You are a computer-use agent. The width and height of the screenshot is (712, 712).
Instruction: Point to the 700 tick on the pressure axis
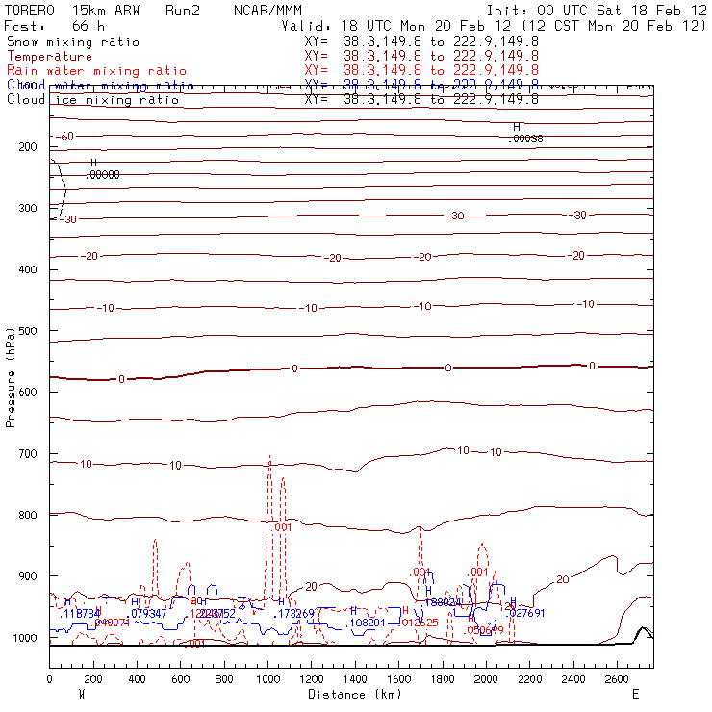pos(28,453)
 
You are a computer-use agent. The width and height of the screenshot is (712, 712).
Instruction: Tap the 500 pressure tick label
pos(28,331)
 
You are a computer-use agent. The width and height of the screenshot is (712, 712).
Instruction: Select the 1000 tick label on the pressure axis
pos(24,638)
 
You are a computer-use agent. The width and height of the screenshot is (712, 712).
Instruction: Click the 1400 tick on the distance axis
pos(356,679)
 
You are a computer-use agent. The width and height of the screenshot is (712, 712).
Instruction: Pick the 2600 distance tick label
pos(619,679)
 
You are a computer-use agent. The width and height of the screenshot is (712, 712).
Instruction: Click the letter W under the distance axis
pos(81,694)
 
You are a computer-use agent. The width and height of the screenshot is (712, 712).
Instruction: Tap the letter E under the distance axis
pos(635,694)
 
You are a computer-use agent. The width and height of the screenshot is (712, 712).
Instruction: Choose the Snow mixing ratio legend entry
pos(72,42)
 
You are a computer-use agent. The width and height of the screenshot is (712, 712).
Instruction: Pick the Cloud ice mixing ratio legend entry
pos(92,100)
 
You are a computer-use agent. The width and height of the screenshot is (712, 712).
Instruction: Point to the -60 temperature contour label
pos(64,137)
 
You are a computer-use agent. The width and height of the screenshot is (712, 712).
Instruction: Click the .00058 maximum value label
pos(525,139)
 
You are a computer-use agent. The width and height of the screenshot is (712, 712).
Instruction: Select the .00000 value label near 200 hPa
pos(102,175)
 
